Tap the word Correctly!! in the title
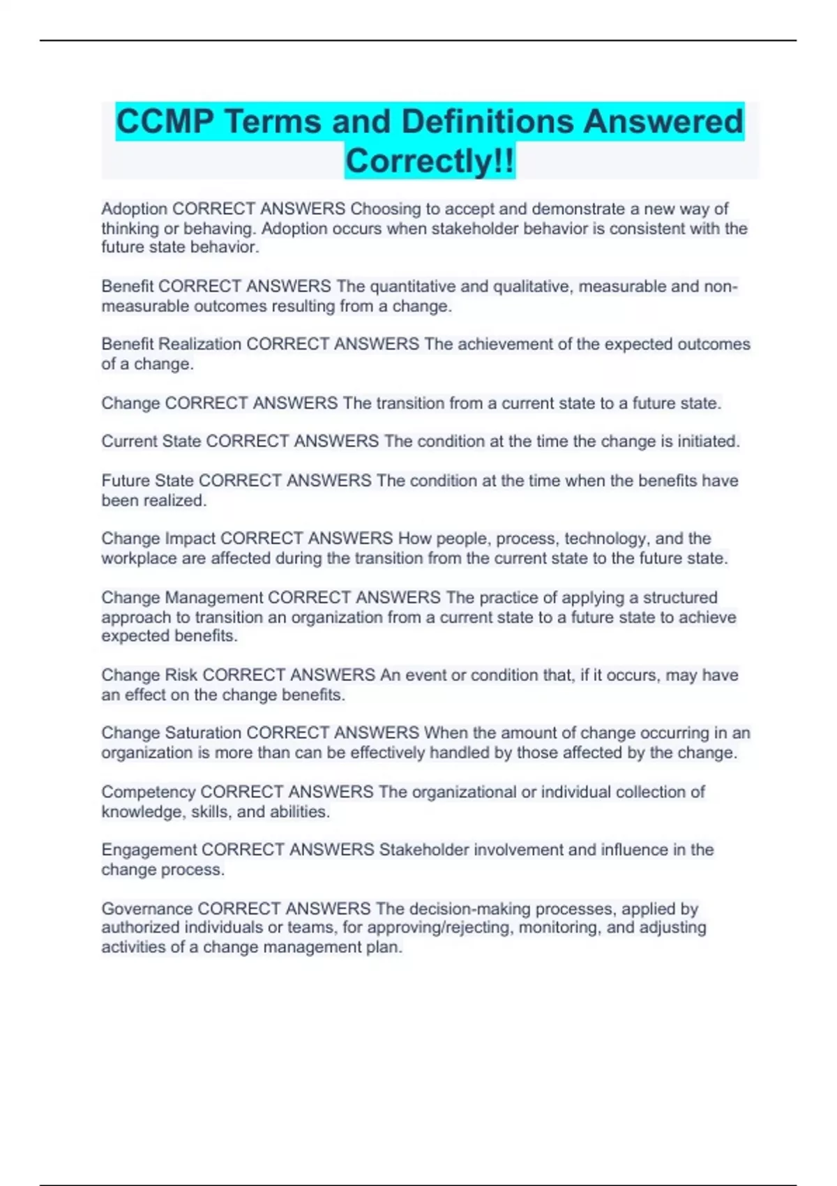click(x=430, y=161)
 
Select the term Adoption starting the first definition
click(x=134, y=209)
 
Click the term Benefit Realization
click(x=171, y=344)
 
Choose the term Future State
click(x=147, y=481)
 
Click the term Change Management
click(x=182, y=598)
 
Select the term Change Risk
click(x=149, y=675)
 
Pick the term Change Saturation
click(x=171, y=733)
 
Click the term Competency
click(x=148, y=792)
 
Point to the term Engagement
click(x=149, y=850)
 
